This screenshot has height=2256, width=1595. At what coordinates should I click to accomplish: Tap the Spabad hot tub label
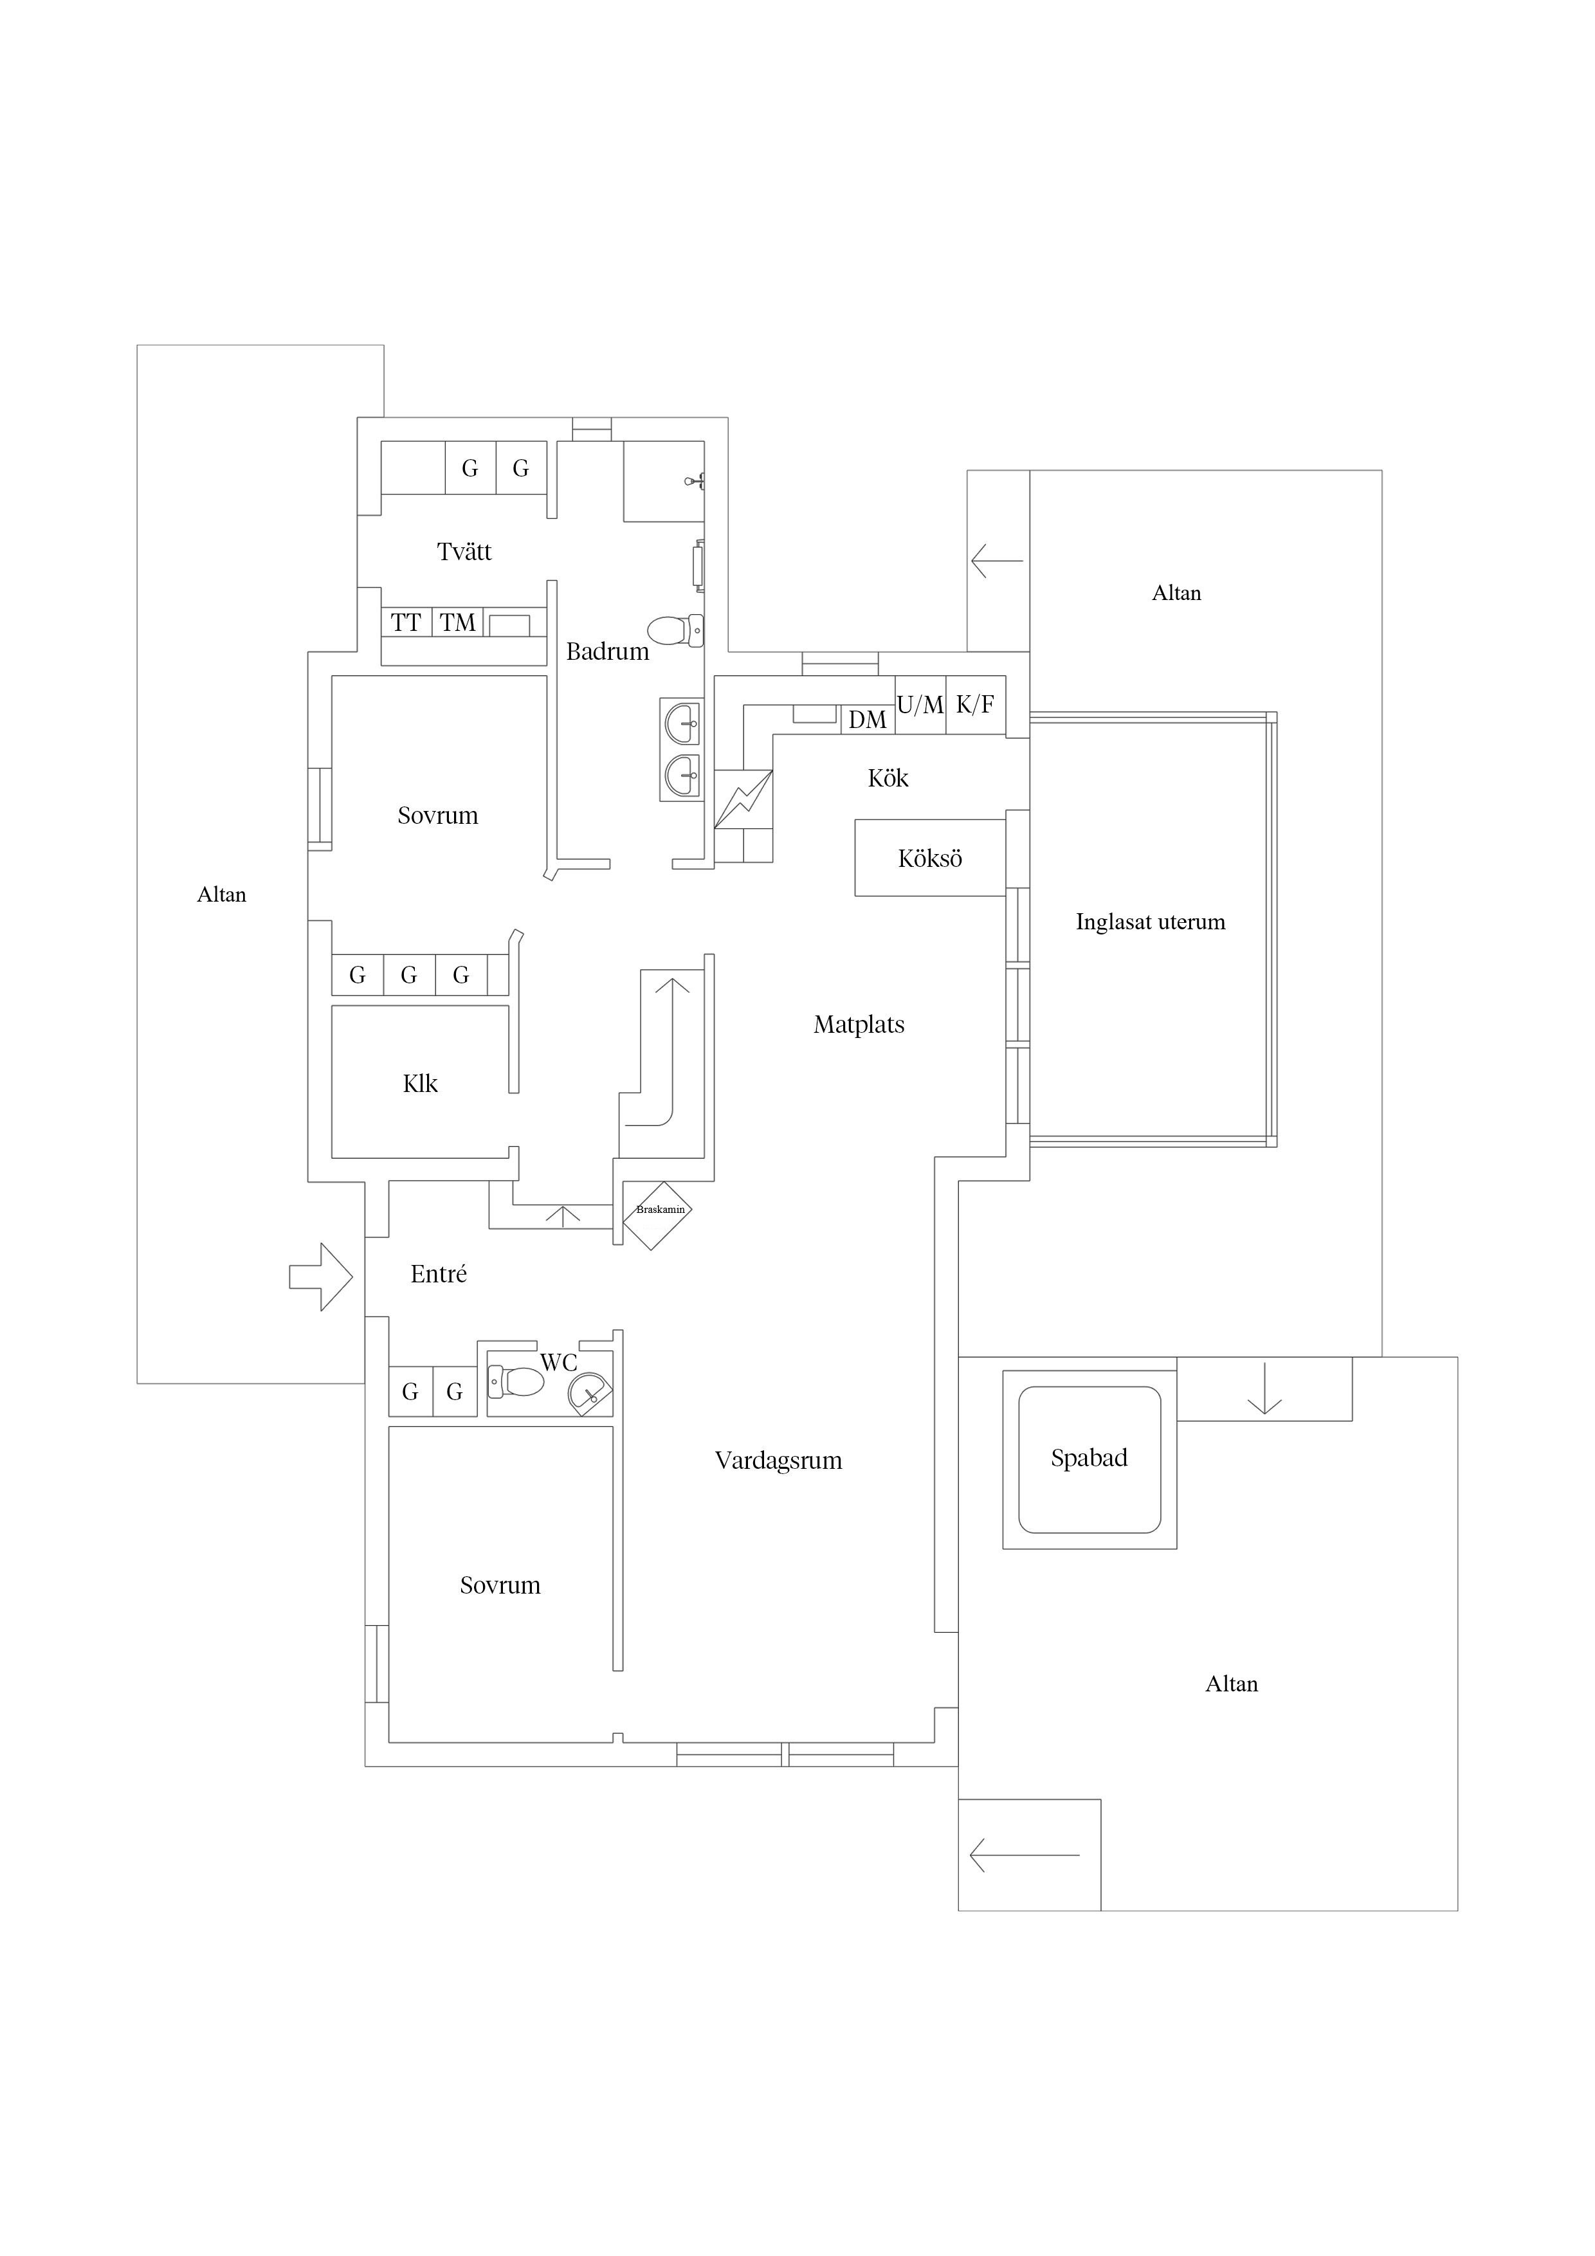point(1089,1458)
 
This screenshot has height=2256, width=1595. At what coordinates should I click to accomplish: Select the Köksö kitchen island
point(931,858)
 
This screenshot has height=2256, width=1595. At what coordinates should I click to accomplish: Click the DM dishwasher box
point(868,719)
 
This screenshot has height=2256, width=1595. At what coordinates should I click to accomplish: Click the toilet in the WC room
point(516,1381)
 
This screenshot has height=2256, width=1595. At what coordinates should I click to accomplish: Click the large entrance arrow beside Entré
point(320,1277)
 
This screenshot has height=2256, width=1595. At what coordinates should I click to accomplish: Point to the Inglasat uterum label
point(1151,922)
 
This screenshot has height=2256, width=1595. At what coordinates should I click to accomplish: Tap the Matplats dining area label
point(859,1025)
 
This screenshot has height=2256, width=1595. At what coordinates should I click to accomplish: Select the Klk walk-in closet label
point(421,1084)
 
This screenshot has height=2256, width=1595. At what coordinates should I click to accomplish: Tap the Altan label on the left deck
point(222,894)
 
